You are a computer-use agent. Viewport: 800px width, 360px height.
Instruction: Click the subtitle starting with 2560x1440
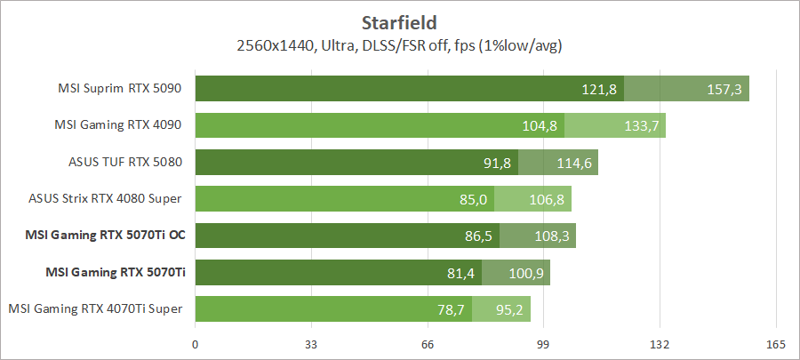(x=400, y=44)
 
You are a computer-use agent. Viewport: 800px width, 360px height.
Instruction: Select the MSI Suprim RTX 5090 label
(x=120, y=89)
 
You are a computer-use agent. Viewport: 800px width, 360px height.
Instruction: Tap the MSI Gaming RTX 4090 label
(x=119, y=125)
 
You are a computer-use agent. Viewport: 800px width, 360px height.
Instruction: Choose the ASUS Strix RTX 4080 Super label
(x=106, y=199)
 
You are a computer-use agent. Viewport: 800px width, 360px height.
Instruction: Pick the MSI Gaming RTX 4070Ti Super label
(x=96, y=308)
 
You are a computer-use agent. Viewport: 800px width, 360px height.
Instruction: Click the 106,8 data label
(x=547, y=199)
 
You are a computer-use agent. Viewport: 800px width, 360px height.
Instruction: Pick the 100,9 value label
(x=525, y=273)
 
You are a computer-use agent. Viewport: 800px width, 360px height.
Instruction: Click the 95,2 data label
(x=507, y=309)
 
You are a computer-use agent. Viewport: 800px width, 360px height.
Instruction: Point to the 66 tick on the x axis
(x=428, y=345)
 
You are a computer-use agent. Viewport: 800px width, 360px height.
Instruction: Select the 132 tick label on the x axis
(x=660, y=345)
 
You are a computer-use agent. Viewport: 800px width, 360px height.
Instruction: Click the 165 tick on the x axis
(x=776, y=345)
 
